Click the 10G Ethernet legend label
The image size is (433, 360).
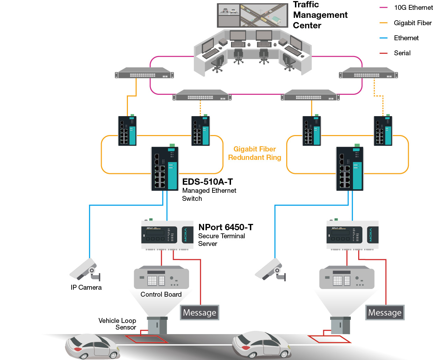413,8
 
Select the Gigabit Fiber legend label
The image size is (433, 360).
413,23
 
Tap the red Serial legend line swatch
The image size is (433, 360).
383,54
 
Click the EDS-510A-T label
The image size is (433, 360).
207,182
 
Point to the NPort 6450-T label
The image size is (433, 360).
226,227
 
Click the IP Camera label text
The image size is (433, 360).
86,288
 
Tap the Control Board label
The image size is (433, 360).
161,294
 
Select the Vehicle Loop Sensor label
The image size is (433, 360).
117,324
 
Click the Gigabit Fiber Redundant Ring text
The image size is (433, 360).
255,153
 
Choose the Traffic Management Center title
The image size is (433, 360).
320,15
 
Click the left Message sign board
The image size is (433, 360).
200,312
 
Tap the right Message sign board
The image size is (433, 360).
385,312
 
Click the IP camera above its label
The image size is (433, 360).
85,269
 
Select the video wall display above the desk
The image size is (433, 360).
253,15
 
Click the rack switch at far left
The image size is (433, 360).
144,73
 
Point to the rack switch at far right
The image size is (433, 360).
368,73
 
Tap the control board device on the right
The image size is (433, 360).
347,277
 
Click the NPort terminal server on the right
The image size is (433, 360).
353,235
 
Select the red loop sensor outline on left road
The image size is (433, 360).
146,339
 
